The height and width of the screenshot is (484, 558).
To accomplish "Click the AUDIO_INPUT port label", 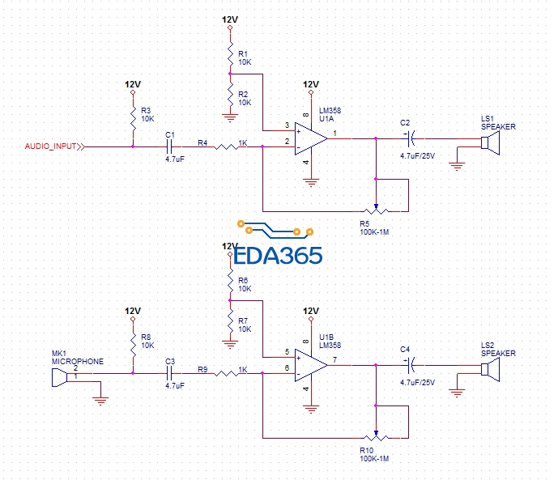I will point(51,146).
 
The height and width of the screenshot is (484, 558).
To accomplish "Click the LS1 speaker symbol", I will point(489,143).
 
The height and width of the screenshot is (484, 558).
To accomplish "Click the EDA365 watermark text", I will point(278,256).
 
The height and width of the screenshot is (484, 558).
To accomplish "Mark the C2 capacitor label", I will point(405,122).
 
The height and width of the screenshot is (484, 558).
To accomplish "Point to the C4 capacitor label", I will point(405,349).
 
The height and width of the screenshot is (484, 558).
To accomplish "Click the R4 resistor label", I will point(202,143).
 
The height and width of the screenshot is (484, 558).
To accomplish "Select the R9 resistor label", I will point(202,370).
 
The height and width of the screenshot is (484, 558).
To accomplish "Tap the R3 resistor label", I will point(147,109).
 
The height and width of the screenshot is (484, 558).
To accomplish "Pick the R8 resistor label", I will point(147,336).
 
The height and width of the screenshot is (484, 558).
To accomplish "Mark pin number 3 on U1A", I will point(287,125).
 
